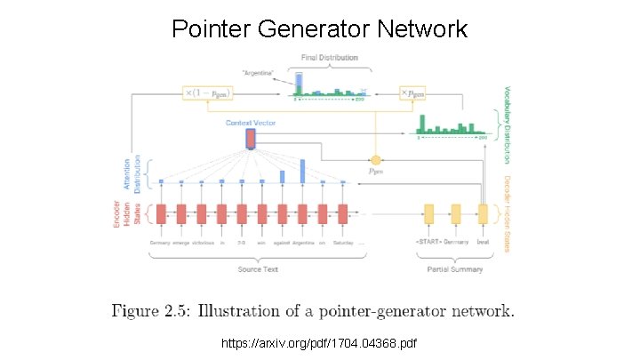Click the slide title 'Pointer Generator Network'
(320, 29)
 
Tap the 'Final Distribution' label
(330, 58)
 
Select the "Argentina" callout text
(257, 71)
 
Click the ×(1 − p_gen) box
(212, 92)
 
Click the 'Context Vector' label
(251, 123)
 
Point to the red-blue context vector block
(251, 139)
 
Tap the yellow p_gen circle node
(375, 160)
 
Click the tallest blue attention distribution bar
(302, 172)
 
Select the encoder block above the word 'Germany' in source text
(161, 214)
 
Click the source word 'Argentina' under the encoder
(302, 243)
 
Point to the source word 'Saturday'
(342, 243)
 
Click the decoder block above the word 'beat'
(483, 214)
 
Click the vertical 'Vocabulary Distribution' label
(508, 124)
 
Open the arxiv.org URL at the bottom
(320, 342)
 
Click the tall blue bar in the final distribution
(300, 83)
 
